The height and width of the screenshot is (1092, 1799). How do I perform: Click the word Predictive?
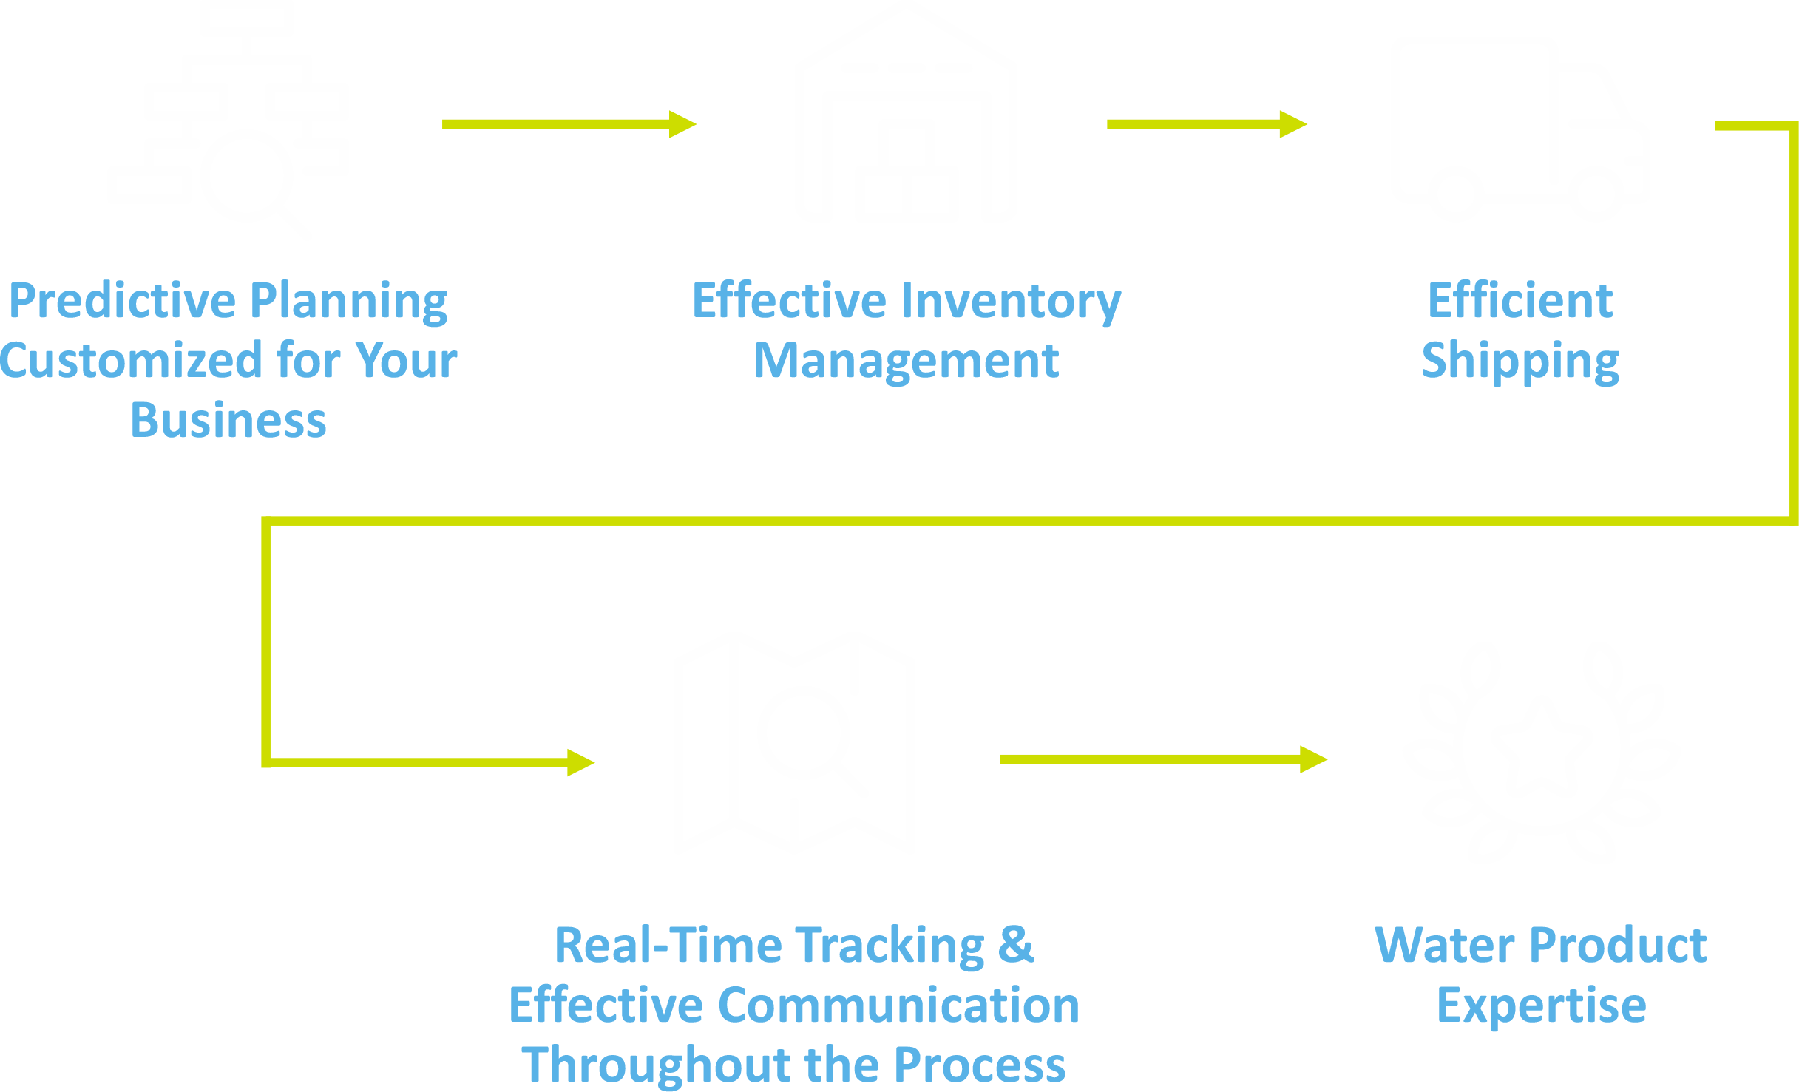[x=122, y=301]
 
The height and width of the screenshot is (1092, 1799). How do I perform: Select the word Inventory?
[x=1011, y=301]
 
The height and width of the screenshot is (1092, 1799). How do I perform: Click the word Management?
[x=906, y=361]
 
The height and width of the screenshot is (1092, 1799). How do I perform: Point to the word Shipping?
[x=1520, y=361]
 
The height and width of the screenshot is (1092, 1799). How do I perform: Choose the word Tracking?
[x=890, y=946]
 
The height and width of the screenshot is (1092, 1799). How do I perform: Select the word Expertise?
[x=1541, y=1005]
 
